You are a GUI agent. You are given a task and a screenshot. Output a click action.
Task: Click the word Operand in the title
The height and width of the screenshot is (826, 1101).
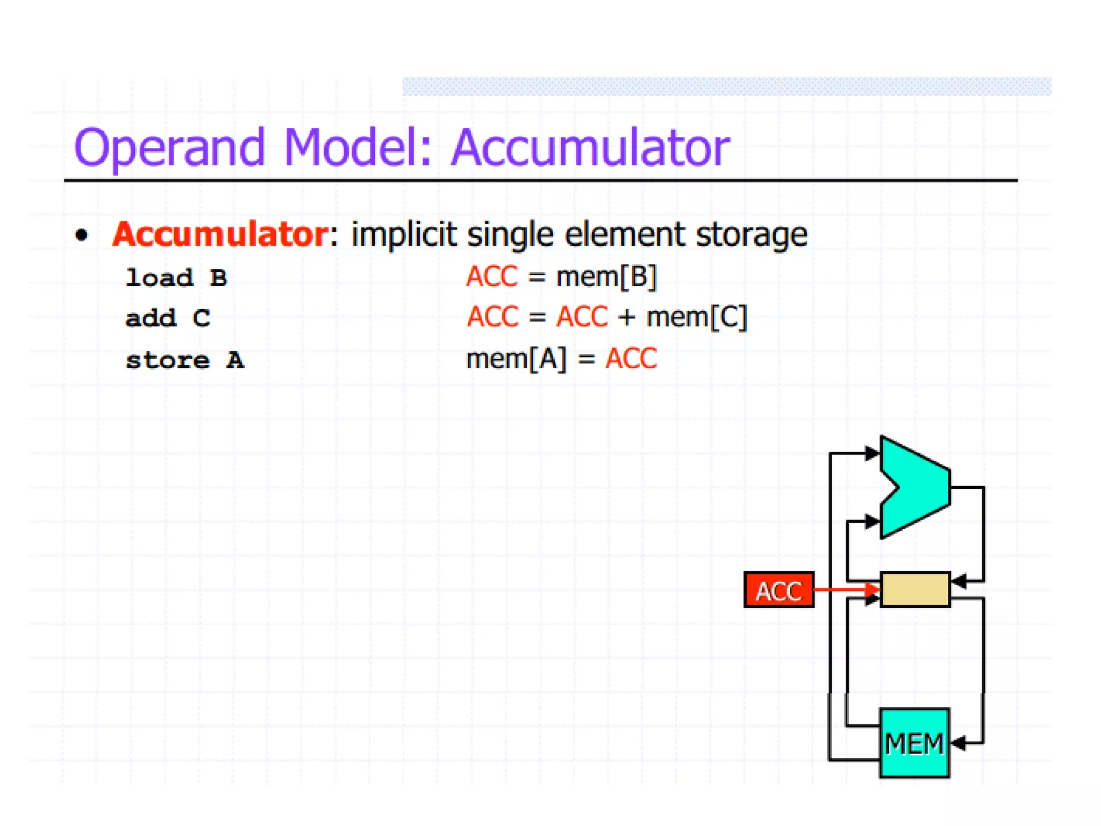[169, 148]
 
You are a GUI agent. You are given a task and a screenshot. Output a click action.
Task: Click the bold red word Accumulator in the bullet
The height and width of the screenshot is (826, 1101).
[220, 234]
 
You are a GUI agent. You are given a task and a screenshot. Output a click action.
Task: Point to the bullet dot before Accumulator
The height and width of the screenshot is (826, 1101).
[82, 235]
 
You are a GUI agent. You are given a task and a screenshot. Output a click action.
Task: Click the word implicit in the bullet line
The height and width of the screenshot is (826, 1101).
[404, 235]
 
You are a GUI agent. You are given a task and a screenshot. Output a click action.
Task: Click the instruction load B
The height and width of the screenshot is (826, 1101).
[176, 278]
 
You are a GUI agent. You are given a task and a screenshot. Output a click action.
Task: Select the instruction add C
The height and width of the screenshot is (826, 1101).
[168, 318]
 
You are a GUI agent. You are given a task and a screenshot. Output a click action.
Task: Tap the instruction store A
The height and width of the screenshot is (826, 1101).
[185, 360]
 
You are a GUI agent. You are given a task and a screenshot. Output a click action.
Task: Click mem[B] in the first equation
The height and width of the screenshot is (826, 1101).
[606, 277]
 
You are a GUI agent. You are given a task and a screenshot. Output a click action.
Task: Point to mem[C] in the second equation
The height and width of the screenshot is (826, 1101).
[696, 317]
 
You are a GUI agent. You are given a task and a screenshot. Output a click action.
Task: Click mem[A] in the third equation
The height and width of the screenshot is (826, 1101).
[516, 359]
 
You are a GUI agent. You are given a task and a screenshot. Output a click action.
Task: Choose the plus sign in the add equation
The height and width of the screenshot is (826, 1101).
[626, 317]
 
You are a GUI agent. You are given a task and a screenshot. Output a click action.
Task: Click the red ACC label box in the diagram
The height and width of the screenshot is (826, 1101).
[778, 590]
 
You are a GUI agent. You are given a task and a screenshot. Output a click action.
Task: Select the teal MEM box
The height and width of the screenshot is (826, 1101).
[914, 743]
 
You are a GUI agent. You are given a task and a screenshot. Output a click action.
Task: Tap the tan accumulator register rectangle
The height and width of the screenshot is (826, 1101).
[915, 589]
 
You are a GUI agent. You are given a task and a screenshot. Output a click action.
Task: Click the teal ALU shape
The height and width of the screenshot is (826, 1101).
[919, 487]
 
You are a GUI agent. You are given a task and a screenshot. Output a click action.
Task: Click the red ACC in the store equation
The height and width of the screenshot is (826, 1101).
[631, 359]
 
